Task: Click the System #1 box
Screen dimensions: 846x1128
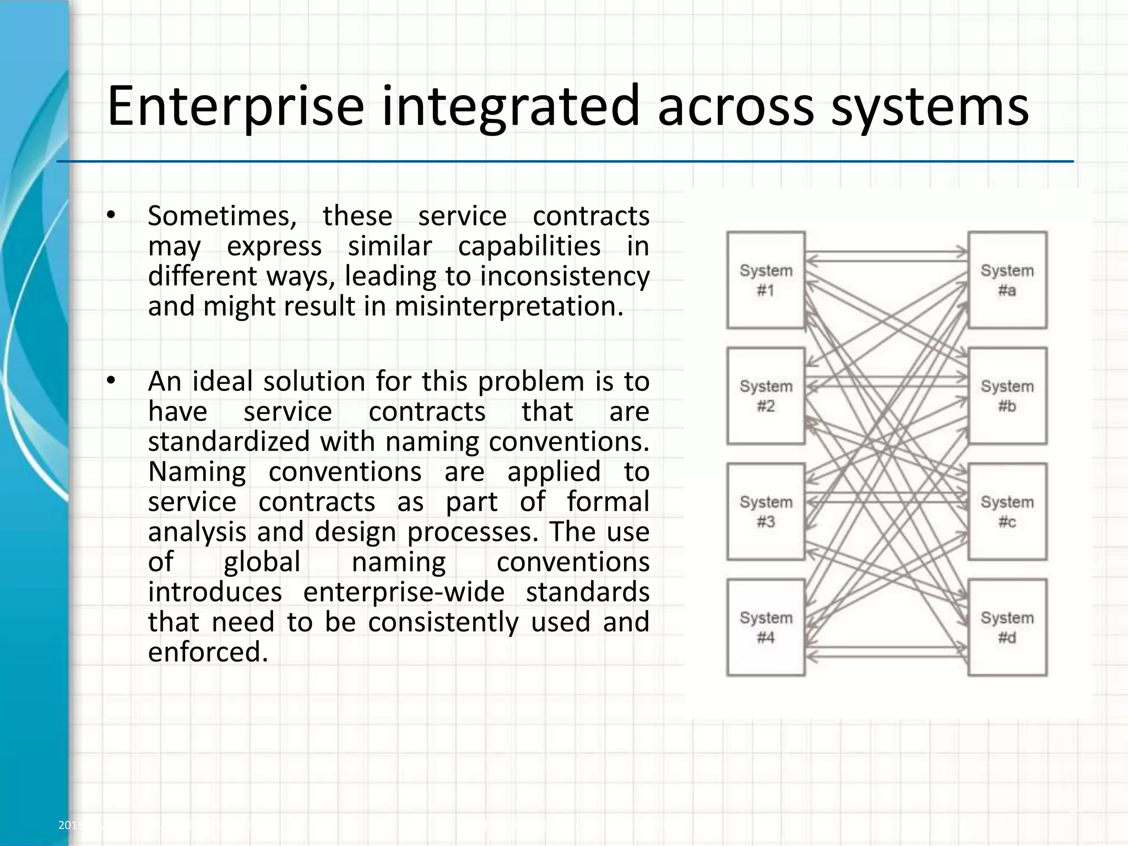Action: (x=766, y=280)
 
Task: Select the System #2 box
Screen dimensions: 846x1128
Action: (x=766, y=396)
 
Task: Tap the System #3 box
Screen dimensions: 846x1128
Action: (x=766, y=512)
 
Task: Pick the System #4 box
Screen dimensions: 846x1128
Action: (x=766, y=627)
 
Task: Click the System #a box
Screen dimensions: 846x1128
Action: (x=1007, y=280)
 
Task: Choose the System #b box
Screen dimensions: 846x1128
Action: (x=1007, y=396)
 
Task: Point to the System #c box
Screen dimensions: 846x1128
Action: (x=1007, y=512)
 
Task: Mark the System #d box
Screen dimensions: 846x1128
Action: (x=1007, y=627)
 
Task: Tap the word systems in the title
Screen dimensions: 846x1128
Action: (x=929, y=106)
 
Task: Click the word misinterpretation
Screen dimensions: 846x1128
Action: (x=509, y=306)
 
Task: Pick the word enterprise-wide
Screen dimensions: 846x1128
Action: (x=404, y=592)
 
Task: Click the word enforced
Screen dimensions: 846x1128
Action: (x=208, y=652)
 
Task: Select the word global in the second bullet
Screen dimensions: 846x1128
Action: (x=262, y=562)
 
